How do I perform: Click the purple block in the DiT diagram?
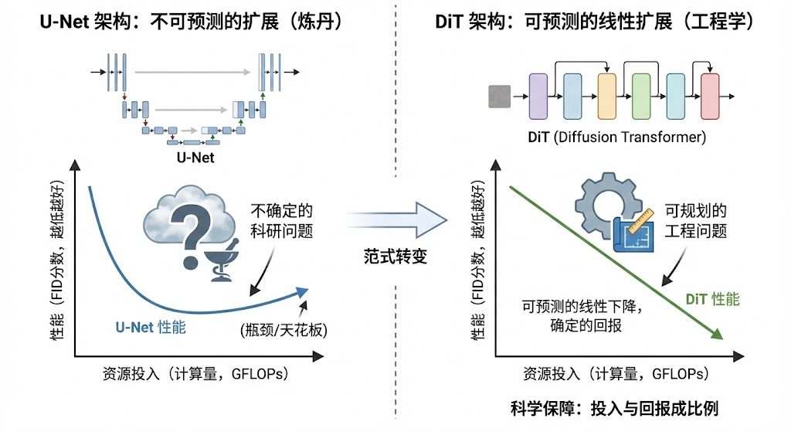point(538,96)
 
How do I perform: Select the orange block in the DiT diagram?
point(606,96)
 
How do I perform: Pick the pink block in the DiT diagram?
point(710,96)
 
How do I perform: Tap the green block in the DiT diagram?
point(641,96)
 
